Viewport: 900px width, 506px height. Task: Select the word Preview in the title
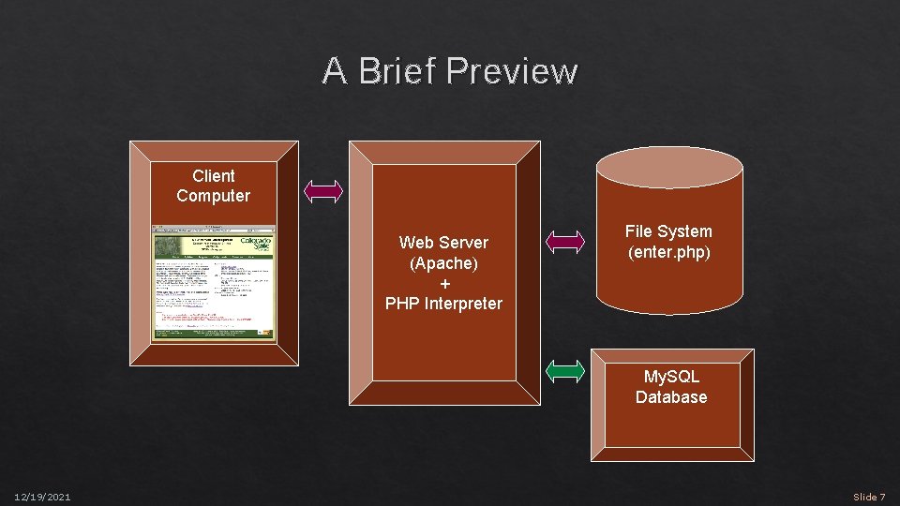pyautogui.click(x=513, y=71)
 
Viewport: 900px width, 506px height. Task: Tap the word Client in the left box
pyautogui.click(x=213, y=176)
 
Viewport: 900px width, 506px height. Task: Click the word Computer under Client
pyautogui.click(x=213, y=196)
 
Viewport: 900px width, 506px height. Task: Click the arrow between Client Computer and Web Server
pyautogui.click(x=324, y=191)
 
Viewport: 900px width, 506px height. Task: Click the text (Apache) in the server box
pyautogui.click(x=443, y=263)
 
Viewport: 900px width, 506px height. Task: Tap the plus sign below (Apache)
pyautogui.click(x=443, y=283)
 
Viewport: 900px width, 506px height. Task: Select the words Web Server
pyautogui.click(x=443, y=243)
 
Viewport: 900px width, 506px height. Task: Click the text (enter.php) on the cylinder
pyautogui.click(x=668, y=252)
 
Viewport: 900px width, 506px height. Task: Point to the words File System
pyautogui.click(x=668, y=231)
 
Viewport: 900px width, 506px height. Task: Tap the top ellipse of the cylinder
pyautogui.click(x=669, y=170)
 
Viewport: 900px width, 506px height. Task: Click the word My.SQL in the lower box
pyautogui.click(x=671, y=377)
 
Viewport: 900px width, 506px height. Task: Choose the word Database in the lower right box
pyautogui.click(x=671, y=397)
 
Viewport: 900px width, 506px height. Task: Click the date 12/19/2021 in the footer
pyautogui.click(x=42, y=497)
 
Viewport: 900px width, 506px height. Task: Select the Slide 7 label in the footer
pyautogui.click(x=868, y=497)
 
